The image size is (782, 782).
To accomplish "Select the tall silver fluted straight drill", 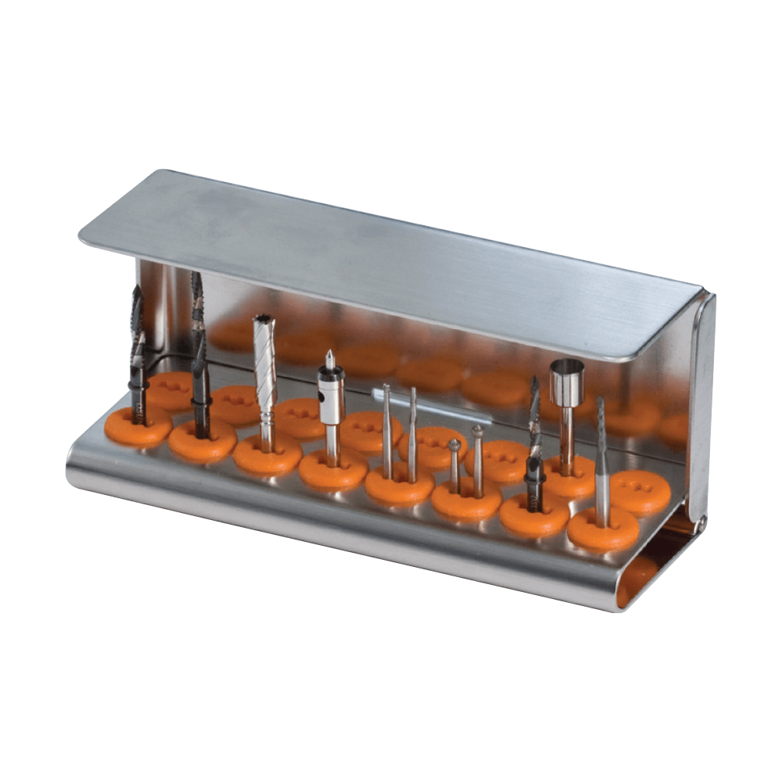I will pyautogui.click(x=264, y=352).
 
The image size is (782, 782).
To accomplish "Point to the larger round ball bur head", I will pyautogui.click(x=454, y=446).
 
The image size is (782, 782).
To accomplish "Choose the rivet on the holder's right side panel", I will pyautogui.click(x=703, y=518).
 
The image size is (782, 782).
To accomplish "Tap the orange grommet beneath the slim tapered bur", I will pyautogui.click(x=602, y=528).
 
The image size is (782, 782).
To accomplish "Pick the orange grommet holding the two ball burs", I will pyautogui.click(x=466, y=500).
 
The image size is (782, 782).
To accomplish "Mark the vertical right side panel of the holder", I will pyautogui.click(x=701, y=407).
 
